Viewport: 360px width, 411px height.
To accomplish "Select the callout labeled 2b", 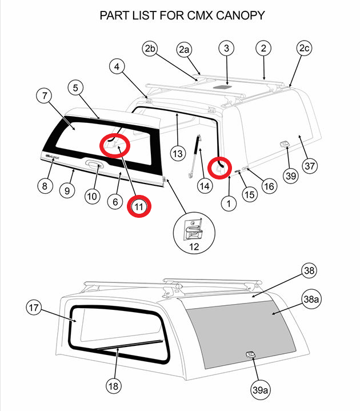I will [x=150, y=49].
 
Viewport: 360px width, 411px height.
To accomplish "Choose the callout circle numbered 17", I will [x=34, y=308].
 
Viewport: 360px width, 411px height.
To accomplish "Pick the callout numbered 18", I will [x=114, y=386].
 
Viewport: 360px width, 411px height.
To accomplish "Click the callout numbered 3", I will [x=226, y=49].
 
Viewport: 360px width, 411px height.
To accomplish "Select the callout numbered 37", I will [x=310, y=166].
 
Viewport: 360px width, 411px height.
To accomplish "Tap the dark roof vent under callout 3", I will [x=226, y=87].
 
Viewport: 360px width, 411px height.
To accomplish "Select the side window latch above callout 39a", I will [x=250, y=355].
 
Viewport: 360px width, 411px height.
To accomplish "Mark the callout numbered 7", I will [x=45, y=95].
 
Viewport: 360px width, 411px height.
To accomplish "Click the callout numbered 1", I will [x=229, y=202].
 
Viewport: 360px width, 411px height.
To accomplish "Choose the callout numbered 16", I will [x=269, y=185].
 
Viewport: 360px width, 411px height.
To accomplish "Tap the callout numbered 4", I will [x=117, y=67].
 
